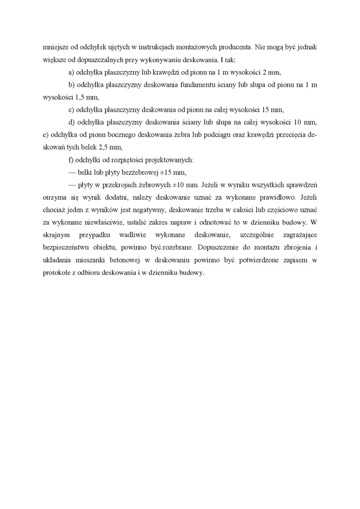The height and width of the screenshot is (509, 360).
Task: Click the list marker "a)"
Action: pos(72,72)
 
